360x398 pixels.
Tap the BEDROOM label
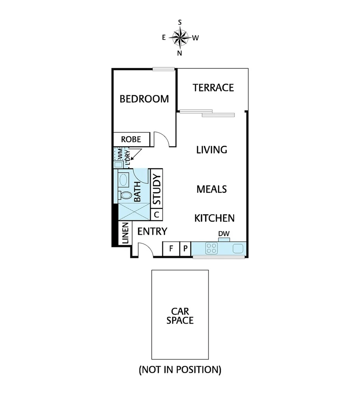pyautogui.click(x=144, y=99)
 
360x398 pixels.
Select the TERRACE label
pyautogui.click(x=213, y=88)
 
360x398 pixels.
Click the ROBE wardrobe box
pyautogui.click(x=131, y=139)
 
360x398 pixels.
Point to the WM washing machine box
pyautogui.click(x=119, y=153)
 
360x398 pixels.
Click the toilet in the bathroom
pyautogui.click(x=125, y=195)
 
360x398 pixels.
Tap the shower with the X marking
pyautogui.click(x=134, y=212)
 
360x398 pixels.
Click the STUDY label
pyautogui.click(x=157, y=189)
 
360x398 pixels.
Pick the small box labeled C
pyautogui.click(x=156, y=214)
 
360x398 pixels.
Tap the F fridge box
pyautogui.click(x=171, y=248)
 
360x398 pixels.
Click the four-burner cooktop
pyautogui.click(x=212, y=248)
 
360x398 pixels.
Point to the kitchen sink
pyautogui.click(x=237, y=248)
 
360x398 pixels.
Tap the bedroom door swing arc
pyautogui.click(x=162, y=139)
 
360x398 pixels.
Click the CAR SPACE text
pyautogui.click(x=180, y=316)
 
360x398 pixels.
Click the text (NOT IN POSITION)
pyautogui.click(x=180, y=370)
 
